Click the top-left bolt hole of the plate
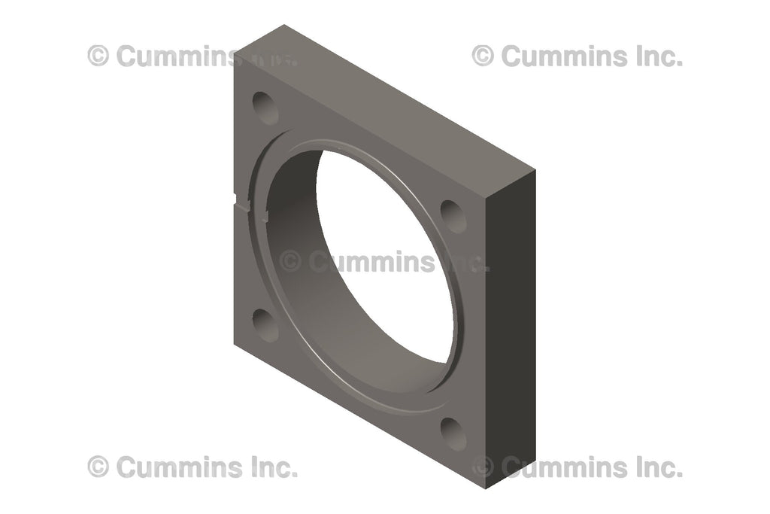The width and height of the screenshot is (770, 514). pyautogui.click(x=265, y=108)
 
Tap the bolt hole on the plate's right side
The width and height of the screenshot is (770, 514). pyautogui.click(x=453, y=216)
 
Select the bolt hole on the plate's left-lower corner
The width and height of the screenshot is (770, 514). pyautogui.click(x=265, y=324)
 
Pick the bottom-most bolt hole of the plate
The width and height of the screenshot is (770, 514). pyautogui.click(x=453, y=433)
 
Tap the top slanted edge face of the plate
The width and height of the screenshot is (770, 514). pyautogui.click(x=391, y=98)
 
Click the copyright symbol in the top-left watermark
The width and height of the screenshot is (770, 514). pyautogui.click(x=98, y=56)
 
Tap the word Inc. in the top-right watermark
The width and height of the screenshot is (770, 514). pyautogui.click(x=658, y=56)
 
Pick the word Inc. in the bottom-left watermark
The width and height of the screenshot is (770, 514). pyautogui.click(x=273, y=467)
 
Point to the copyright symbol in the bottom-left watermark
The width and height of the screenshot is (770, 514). pyautogui.click(x=98, y=467)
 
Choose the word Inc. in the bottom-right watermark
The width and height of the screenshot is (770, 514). pyautogui.click(x=658, y=467)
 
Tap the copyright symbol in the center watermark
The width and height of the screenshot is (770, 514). pyautogui.click(x=290, y=262)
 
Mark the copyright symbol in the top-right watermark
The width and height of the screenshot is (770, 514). pyautogui.click(x=483, y=56)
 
